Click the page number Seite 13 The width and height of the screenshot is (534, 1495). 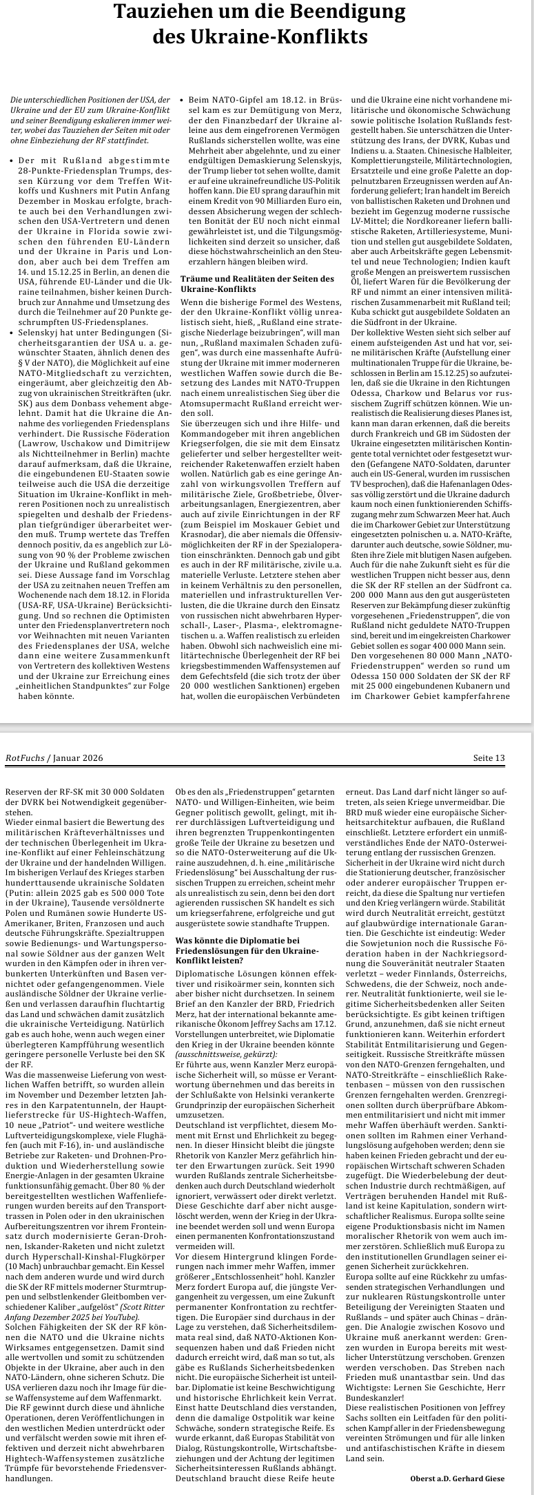489,758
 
